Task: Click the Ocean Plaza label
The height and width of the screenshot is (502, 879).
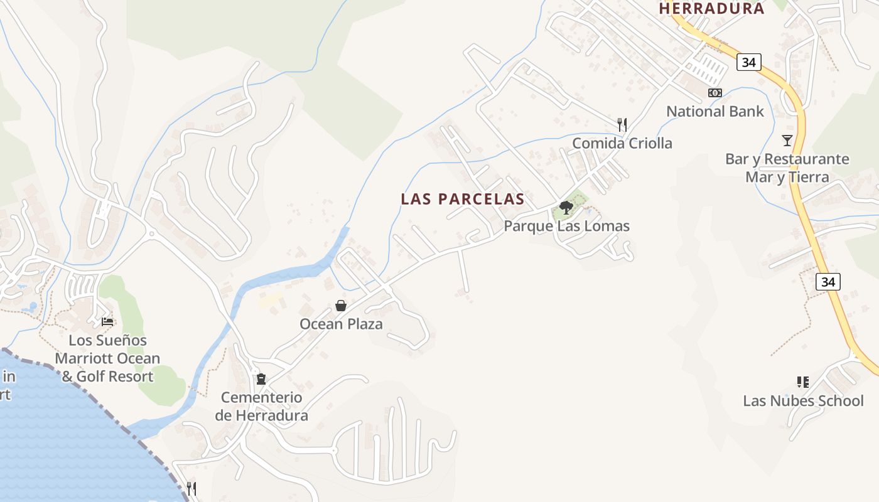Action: click(x=341, y=324)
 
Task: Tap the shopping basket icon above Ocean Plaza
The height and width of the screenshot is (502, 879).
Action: click(x=341, y=306)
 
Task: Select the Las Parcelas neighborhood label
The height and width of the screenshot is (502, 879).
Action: click(x=463, y=199)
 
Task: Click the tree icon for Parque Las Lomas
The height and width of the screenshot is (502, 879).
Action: click(x=566, y=208)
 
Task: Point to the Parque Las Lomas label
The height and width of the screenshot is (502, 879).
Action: click(x=566, y=226)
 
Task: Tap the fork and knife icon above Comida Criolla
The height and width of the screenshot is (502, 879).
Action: click(x=622, y=124)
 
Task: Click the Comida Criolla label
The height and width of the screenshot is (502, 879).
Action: click(x=622, y=143)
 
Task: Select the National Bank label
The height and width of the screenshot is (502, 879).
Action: click(x=715, y=112)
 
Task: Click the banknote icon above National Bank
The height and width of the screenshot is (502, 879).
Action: click(x=715, y=93)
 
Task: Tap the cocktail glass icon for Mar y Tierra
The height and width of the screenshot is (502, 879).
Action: click(x=787, y=140)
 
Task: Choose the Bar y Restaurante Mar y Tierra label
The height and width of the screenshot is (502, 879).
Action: click(x=787, y=168)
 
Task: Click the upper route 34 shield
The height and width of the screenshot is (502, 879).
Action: click(x=748, y=62)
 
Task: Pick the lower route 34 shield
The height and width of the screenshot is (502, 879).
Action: click(x=828, y=282)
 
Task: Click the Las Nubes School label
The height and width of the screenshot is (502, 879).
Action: click(x=803, y=400)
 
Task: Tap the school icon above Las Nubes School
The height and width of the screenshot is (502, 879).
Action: click(x=802, y=382)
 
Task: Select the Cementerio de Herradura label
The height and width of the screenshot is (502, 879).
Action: click(x=261, y=406)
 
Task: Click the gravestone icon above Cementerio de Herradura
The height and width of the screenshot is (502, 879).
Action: click(x=261, y=379)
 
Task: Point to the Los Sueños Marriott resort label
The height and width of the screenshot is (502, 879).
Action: click(x=107, y=358)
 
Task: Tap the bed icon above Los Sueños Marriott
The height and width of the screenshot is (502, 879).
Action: click(x=107, y=321)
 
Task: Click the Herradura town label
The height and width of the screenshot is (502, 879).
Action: click(x=711, y=8)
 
